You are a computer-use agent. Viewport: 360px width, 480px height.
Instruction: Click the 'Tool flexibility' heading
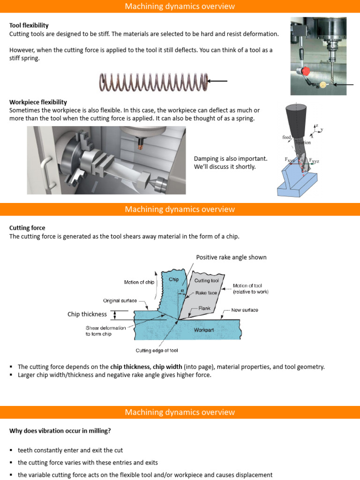29,25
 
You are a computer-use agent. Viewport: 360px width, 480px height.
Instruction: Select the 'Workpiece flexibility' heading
38,102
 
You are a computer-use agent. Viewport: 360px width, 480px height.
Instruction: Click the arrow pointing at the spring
217,81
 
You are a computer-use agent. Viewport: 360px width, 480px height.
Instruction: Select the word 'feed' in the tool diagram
286,137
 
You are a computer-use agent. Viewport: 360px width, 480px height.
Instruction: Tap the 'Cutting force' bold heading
27,228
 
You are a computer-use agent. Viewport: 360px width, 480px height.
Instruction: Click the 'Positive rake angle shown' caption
231,257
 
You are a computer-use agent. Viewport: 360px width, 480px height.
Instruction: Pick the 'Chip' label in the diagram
174,279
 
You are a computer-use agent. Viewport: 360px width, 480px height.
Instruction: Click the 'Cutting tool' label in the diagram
207,280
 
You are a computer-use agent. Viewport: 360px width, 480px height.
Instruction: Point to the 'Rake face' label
205,292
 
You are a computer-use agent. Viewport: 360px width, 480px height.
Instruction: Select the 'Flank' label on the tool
204,308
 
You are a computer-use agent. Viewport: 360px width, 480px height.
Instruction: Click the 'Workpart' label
204,330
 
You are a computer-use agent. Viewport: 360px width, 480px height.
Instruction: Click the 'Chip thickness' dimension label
87,314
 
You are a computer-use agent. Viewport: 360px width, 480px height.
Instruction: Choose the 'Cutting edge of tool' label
157,351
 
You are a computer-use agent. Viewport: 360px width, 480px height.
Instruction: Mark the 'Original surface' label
120,300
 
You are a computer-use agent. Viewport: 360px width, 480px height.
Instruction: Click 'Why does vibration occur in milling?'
60,431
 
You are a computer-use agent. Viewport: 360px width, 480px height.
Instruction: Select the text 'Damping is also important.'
230,159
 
